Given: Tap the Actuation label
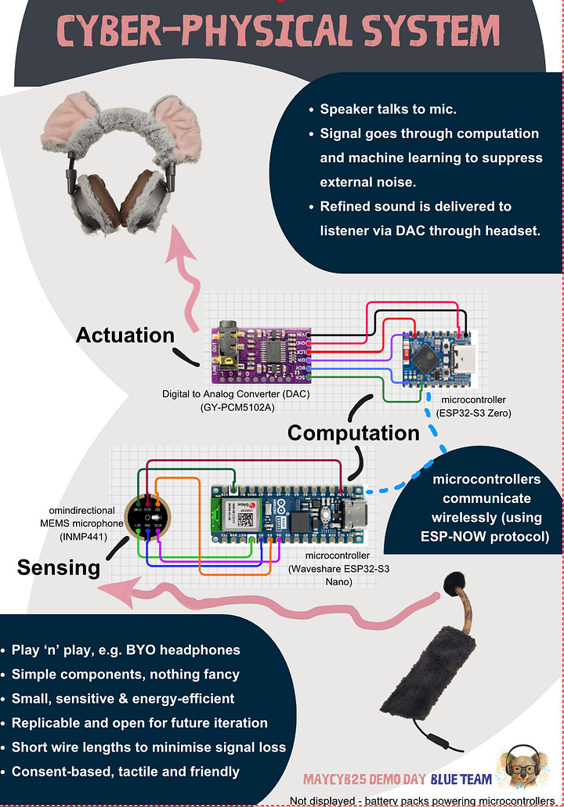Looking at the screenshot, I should coord(125,335).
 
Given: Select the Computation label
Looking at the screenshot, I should coord(353,432).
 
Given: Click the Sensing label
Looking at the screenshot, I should coord(59,566).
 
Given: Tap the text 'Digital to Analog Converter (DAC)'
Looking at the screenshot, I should coord(236,393).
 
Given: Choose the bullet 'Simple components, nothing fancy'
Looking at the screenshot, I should coord(125,674).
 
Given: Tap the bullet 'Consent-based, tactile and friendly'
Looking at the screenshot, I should coord(125,772).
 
